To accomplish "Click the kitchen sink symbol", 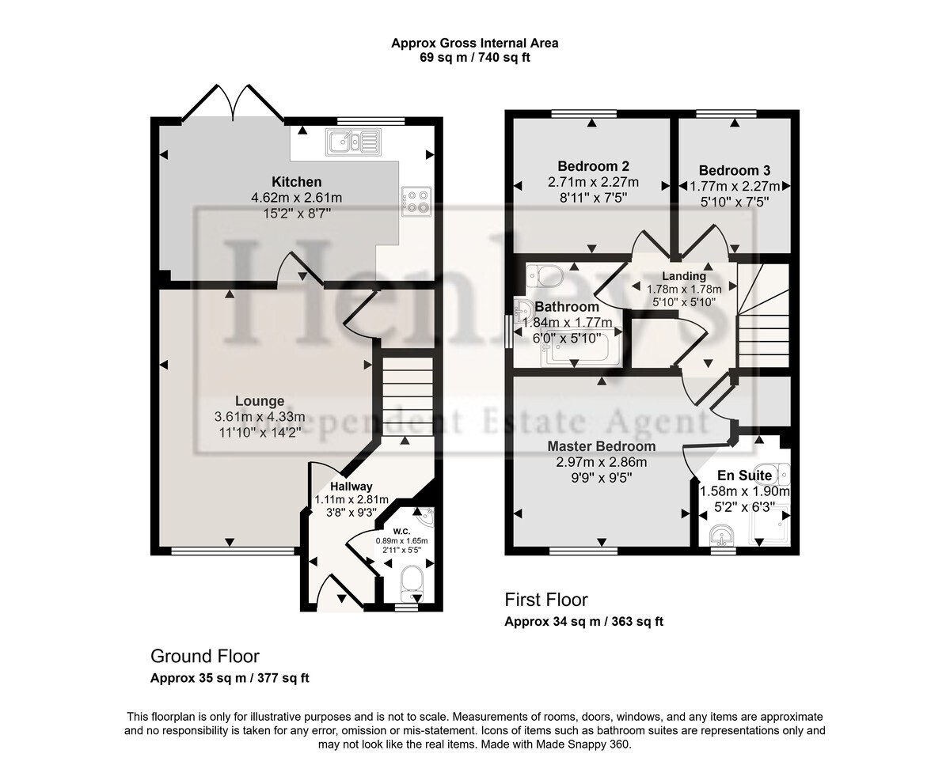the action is [353, 142].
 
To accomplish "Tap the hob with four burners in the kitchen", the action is [416, 202].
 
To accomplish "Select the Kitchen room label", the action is [297, 182].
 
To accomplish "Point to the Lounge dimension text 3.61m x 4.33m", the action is [260, 417].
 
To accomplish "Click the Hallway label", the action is [351, 487].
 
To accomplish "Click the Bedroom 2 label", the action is [593, 166].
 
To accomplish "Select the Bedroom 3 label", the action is [734, 170].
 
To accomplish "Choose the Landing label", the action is [684, 276].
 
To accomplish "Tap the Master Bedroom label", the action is [601, 445].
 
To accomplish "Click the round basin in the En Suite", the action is [721, 535].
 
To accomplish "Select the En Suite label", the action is [744, 475].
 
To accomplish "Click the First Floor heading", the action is [546, 600].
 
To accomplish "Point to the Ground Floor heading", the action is [205, 656].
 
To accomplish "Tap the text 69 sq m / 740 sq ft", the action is [474, 58].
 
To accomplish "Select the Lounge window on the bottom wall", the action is [233, 551].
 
